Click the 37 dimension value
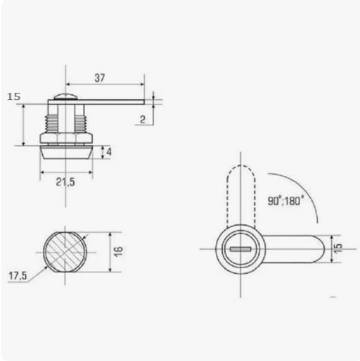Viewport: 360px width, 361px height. [100, 78]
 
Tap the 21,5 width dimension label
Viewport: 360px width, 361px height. [65, 182]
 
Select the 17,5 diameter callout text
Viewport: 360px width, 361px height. [18, 276]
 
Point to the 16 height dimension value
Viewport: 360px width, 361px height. [119, 251]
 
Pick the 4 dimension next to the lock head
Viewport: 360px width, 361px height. [109, 152]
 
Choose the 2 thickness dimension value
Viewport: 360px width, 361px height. [143, 120]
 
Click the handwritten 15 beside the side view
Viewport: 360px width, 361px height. [13, 96]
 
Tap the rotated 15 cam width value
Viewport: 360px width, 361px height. [337, 248]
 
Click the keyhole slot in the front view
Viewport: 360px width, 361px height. [240, 249]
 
